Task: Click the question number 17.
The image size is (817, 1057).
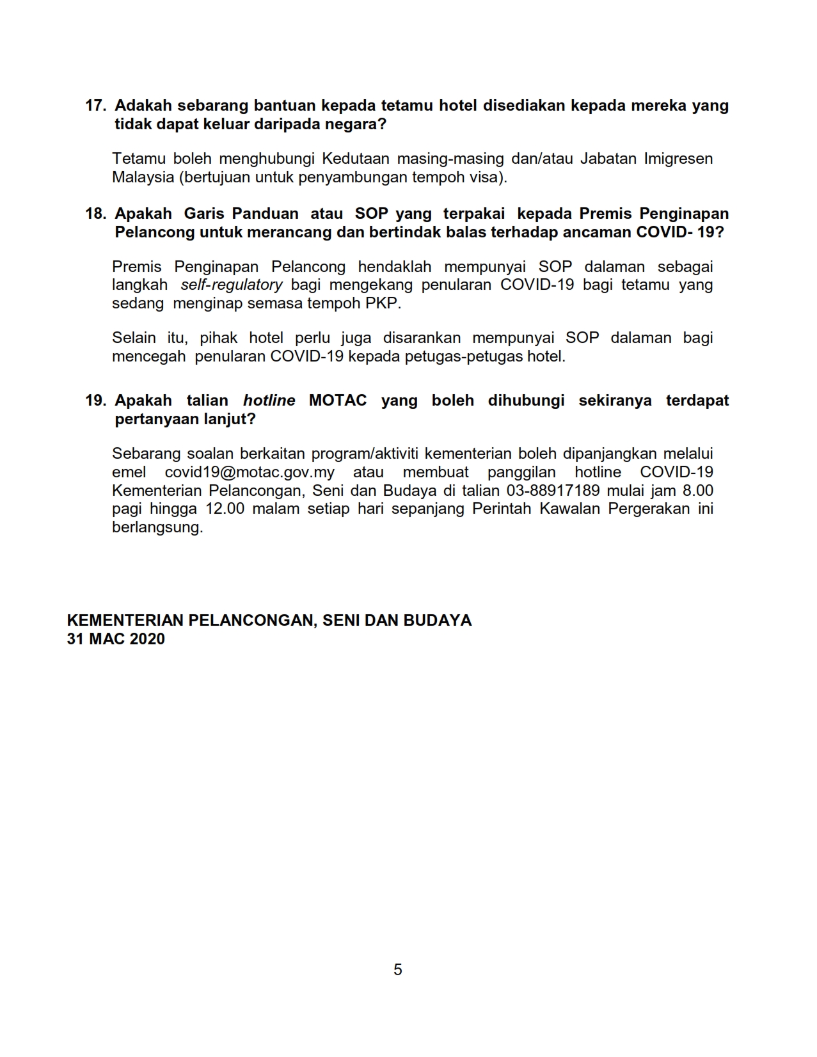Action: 95,106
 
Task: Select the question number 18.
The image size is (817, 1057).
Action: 95,214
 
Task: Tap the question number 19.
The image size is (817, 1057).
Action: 95,401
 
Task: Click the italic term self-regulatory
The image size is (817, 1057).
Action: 232,285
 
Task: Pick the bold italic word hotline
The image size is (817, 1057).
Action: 269,401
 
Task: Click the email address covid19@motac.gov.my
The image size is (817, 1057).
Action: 250,472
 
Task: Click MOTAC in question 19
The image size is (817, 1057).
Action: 338,401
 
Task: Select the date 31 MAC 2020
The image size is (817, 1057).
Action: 116,639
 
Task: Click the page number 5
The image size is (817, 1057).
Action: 398,970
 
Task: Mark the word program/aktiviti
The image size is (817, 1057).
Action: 364,454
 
